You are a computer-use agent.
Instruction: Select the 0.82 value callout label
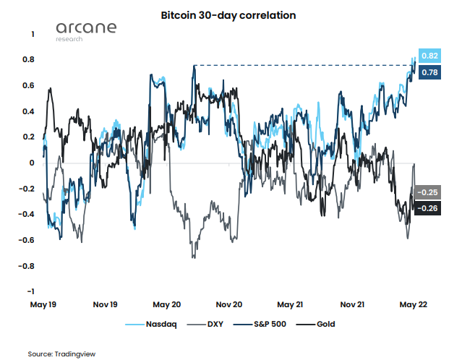pos(429,56)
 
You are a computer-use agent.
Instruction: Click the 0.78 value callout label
pos(429,72)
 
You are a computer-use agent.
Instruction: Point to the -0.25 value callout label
pos(429,193)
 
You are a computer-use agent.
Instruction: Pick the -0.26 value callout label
pos(429,208)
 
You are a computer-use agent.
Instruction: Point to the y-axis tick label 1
pos(33,34)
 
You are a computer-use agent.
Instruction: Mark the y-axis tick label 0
pos(33,163)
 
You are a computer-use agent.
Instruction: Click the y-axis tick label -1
pos(30,291)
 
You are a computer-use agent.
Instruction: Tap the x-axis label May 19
pos(43,304)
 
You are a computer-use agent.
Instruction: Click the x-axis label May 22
pos(414,304)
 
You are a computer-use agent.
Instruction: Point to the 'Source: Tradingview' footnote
pos(61,353)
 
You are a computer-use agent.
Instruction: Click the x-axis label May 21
pos(290,304)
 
